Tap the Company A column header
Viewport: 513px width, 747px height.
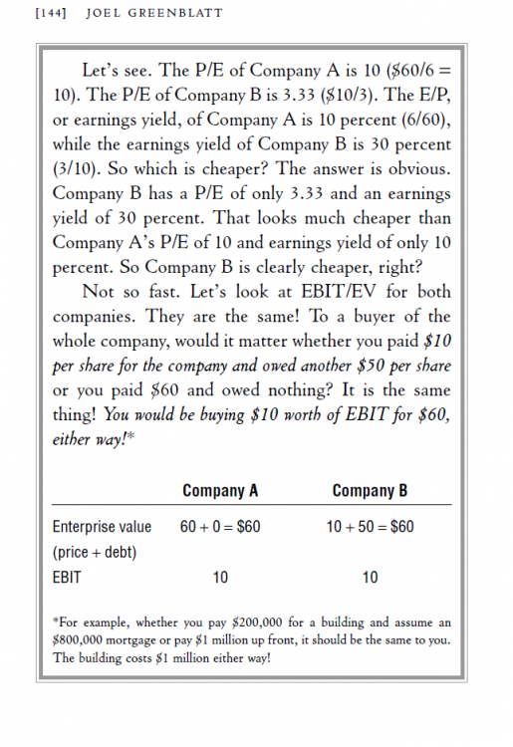(x=220, y=490)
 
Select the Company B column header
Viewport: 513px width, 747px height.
(x=370, y=490)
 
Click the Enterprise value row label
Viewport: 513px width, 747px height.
(x=102, y=526)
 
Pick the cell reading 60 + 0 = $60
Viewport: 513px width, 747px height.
(x=220, y=526)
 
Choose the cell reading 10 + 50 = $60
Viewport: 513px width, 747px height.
(x=370, y=526)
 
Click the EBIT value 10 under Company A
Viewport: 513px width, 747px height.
(x=220, y=577)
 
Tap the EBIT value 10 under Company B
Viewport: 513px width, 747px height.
(x=370, y=577)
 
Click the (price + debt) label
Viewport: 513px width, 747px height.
(x=95, y=551)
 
